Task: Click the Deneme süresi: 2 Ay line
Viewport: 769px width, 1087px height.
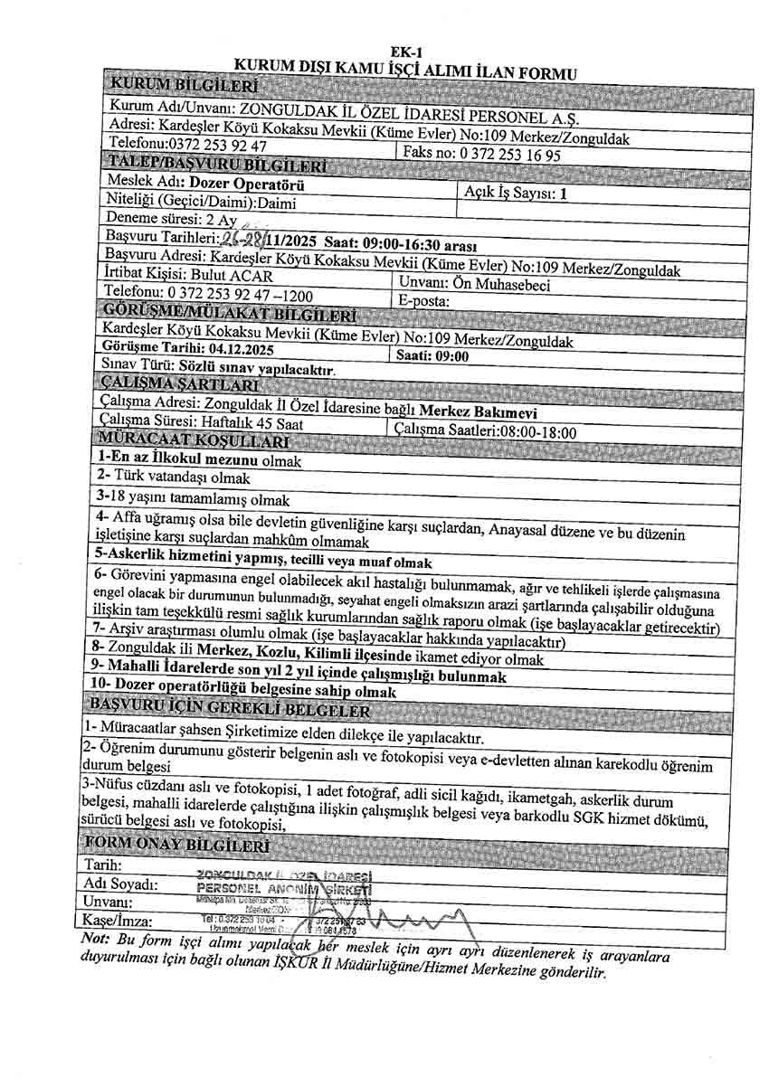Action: [x=172, y=220]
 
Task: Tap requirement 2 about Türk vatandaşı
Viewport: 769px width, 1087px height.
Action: [x=174, y=477]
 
